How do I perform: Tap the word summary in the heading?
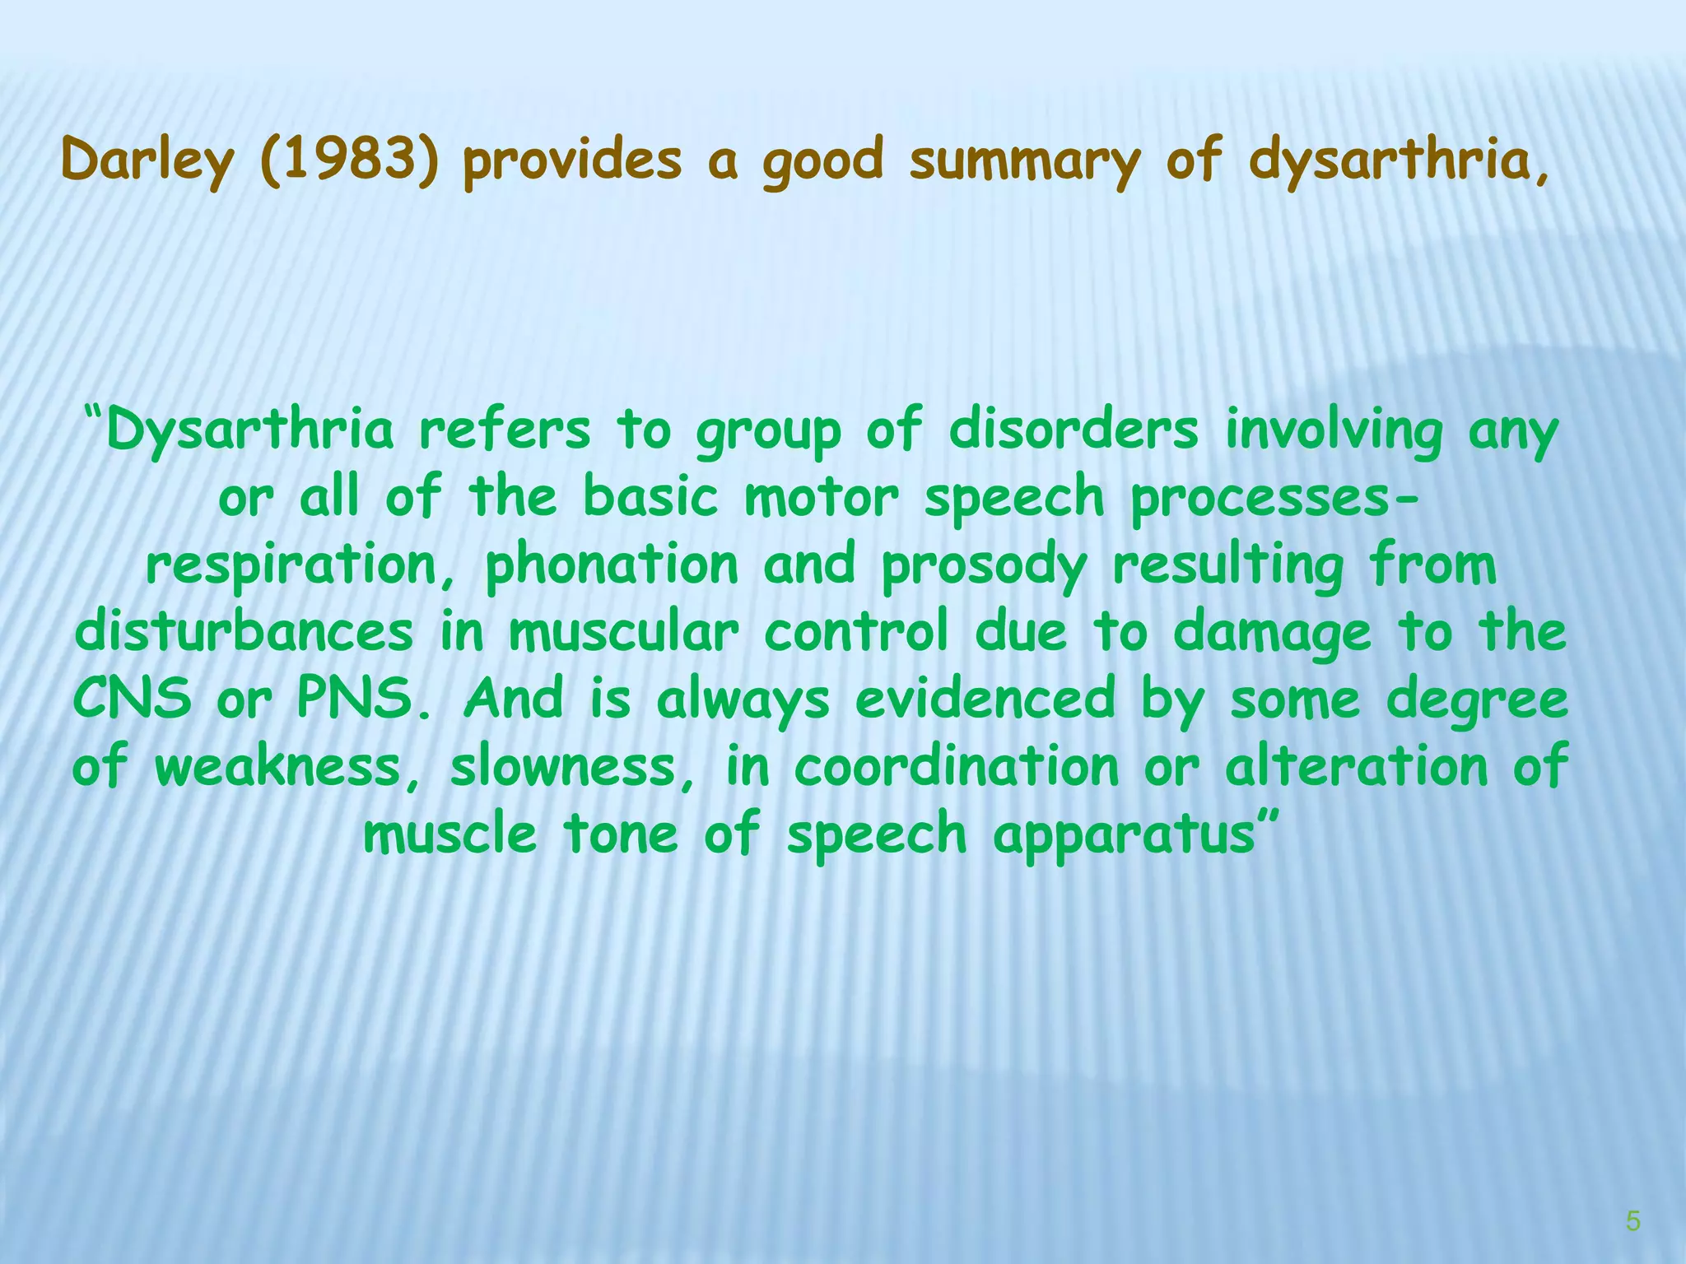[1024, 161]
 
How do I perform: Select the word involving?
[1334, 431]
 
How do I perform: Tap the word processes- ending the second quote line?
[1275, 499]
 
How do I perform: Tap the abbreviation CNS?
[132, 699]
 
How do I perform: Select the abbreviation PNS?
[363, 699]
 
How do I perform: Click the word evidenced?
[985, 699]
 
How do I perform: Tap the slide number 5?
[1633, 1221]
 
